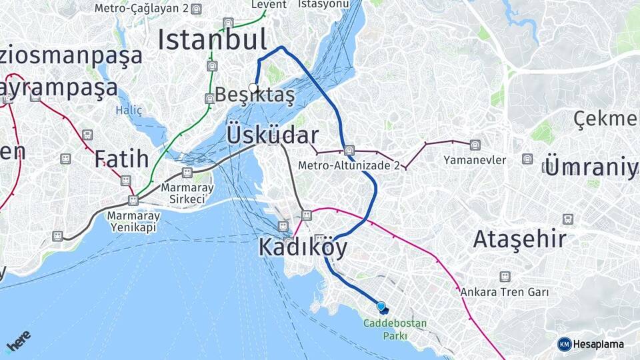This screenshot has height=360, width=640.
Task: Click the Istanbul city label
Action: pyautogui.click(x=212, y=39)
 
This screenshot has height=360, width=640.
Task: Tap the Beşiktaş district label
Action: pyautogui.click(x=255, y=95)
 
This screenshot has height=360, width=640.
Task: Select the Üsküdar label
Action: pyautogui.click(x=273, y=135)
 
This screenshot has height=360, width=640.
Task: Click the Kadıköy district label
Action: pyautogui.click(x=303, y=248)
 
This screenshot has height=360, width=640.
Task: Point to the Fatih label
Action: pyautogui.click(x=121, y=159)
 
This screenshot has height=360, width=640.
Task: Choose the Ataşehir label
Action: pyautogui.click(x=519, y=239)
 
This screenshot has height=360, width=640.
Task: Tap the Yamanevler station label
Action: pyautogui.click(x=475, y=160)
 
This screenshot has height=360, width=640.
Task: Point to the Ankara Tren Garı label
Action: pyautogui.click(x=504, y=292)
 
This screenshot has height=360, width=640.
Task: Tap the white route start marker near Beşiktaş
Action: pyautogui.click(x=253, y=87)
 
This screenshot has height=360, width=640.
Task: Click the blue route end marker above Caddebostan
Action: pyautogui.click(x=381, y=307)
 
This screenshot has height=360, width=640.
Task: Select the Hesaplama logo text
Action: pyautogui.click(x=597, y=344)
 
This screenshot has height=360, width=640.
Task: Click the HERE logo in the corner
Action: pyautogui.click(x=18, y=342)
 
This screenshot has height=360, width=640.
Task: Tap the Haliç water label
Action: pyautogui.click(x=129, y=110)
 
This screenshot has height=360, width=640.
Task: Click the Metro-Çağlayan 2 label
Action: pyautogui.click(x=141, y=9)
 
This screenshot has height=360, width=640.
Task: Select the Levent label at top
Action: pyautogui.click(x=268, y=5)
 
